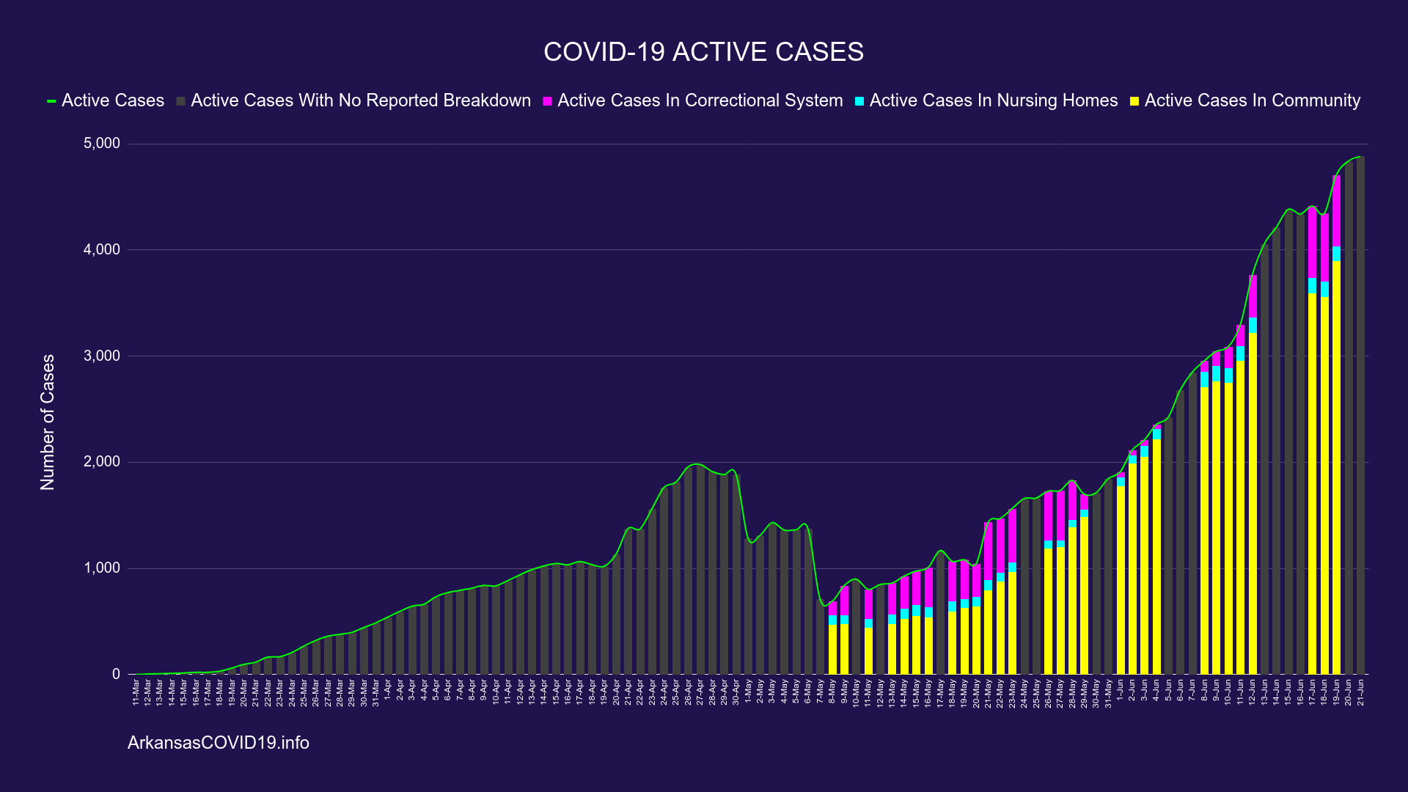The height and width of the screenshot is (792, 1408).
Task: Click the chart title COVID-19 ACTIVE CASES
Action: pos(703,52)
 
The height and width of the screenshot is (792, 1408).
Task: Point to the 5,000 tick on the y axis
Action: pos(101,144)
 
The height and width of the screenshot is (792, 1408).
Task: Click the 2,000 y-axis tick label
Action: pos(101,462)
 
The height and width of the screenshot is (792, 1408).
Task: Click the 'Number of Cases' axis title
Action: pos(48,422)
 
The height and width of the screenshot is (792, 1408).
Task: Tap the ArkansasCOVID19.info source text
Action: pos(219,743)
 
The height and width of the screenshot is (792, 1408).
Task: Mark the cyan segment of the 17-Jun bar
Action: pos(1312,285)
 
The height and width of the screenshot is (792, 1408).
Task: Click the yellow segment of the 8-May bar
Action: pos(832,649)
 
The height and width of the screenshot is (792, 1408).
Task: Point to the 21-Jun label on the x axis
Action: pos(1360,692)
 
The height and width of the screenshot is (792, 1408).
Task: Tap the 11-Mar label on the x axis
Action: pos(136,692)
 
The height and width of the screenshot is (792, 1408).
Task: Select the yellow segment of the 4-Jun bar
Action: pos(1156,557)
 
